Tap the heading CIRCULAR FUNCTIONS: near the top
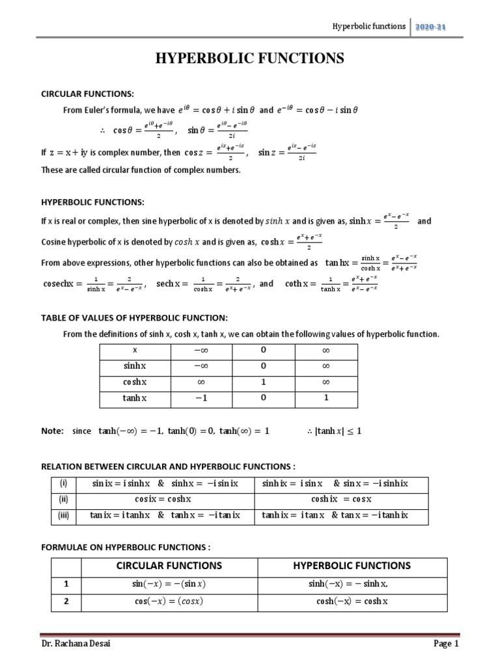[86, 94]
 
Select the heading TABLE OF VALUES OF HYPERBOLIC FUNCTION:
[134, 317]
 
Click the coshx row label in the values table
[135, 382]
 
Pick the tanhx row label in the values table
[135, 398]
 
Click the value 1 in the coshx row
[264, 382]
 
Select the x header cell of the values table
[135, 350]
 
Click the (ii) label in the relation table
[63, 499]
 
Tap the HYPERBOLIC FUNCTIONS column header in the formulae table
[352, 565]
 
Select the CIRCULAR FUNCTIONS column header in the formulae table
[169, 565]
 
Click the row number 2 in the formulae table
[65, 602]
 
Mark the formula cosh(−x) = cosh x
[352, 602]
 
